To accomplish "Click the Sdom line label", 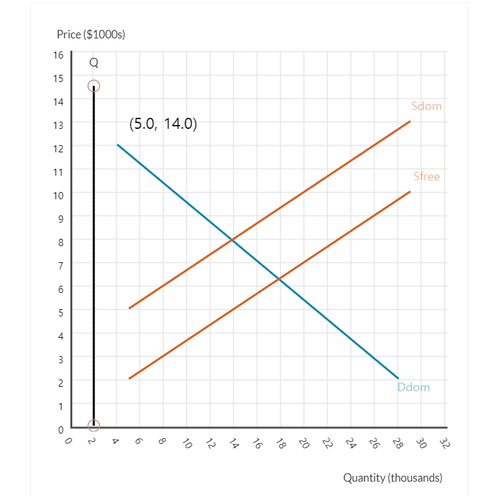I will (x=427, y=106).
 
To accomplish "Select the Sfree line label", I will (x=427, y=176).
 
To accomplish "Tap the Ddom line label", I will (x=414, y=387).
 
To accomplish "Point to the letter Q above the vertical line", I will (x=94, y=63).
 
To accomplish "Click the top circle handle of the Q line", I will (x=94, y=86).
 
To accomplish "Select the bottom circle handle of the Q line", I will (x=94, y=426).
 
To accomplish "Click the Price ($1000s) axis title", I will (x=91, y=34).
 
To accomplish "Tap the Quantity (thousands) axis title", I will (x=393, y=478).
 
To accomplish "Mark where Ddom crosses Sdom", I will (x=233, y=240).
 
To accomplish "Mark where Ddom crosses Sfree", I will (x=279, y=279).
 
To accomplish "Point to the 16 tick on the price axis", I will (x=59, y=54).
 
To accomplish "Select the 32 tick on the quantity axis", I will (x=444, y=444).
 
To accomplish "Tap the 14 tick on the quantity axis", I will (x=233, y=444).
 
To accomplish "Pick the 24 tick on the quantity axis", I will (x=350, y=444).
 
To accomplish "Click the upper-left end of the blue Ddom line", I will (x=117, y=145).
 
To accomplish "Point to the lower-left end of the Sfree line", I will (x=129, y=378).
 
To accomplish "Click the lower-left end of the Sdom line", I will (x=129, y=308).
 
